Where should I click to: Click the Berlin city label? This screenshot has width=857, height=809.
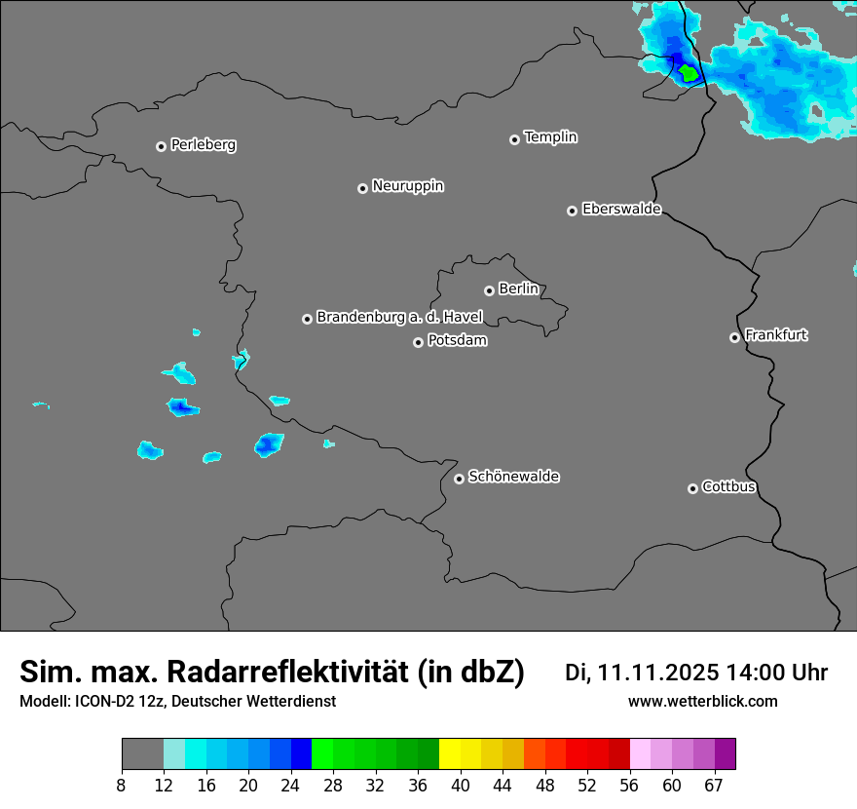[518, 289]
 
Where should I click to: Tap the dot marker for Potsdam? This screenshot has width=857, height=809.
[418, 342]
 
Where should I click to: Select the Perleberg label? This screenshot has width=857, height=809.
[203, 145]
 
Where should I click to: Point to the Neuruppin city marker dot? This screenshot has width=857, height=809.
[362, 188]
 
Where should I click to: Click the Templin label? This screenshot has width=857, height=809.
[550, 137]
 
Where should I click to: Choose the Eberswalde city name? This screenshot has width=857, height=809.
[621, 210]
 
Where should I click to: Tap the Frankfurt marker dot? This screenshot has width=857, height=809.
[734, 338]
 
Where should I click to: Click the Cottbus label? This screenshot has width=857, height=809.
[728, 487]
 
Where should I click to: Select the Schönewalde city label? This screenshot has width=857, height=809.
[513, 477]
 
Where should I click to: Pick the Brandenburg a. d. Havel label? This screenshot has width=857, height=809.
[399, 318]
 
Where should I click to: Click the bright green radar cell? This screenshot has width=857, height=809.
[689, 73]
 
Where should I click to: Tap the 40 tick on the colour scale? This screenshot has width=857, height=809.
[461, 785]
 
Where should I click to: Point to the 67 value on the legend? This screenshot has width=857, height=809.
[714, 785]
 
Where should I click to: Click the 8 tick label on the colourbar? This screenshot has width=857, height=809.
[121, 785]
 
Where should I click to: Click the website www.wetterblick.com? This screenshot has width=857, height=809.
[702, 702]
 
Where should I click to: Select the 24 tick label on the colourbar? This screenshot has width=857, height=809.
[291, 785]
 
